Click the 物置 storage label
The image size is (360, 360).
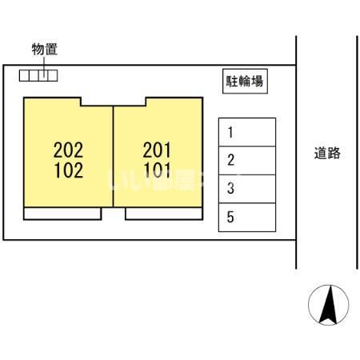click(44, 50)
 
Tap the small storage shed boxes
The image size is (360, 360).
click(38, 76)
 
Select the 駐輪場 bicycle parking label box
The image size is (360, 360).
click(244, 81)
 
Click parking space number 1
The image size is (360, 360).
click(247, 132)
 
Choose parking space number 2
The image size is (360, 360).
click(247, 161)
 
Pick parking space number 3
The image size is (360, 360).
click(247, 189)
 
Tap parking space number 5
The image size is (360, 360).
click(247, 217)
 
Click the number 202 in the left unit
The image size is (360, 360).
click(68, 149)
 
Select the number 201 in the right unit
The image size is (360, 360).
click(158, 149)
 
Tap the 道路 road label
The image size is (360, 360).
click(327, 153)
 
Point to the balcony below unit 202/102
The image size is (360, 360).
click(62, 214)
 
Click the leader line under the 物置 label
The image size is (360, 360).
click(44, 63)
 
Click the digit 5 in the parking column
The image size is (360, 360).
click(230, 217)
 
